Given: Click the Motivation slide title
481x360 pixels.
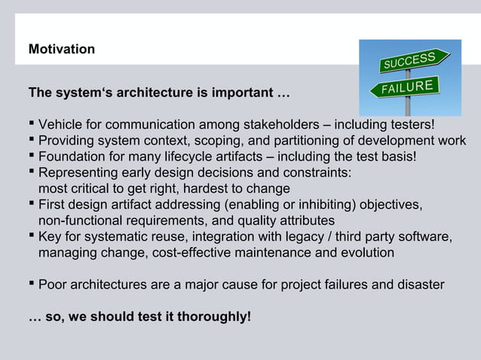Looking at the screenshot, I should [x=62, y=50].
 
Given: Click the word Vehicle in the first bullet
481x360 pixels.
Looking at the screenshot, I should [x=61, y=124].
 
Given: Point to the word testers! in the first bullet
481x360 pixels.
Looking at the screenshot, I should [x=411, y=124].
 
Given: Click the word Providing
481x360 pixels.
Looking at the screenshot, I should [x=69, y=141].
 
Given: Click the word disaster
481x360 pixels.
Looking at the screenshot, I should [x=419, y=285].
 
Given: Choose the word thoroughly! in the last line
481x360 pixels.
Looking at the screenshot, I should [x=212, y=317].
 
